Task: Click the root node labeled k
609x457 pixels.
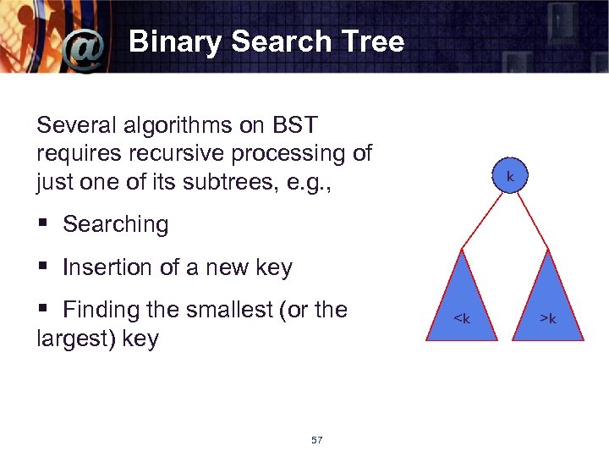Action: [510, 176]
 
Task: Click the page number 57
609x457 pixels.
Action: [317, 440]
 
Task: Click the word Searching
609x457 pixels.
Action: [116, 224]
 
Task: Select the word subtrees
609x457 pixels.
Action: [237, 181]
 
